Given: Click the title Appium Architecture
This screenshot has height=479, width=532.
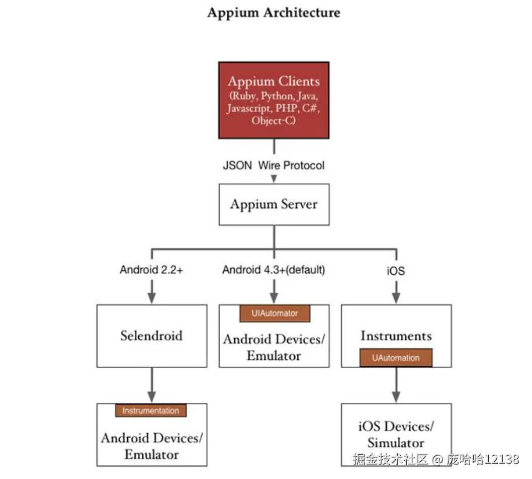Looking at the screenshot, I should tap(274, 13).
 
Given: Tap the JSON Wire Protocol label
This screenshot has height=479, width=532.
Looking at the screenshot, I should tap(274, 166).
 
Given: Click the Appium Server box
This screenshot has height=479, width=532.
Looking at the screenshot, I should tap(274, 204).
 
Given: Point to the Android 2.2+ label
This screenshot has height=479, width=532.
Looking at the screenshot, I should tap(151, 270).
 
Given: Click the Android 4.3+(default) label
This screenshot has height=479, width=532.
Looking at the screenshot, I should tap(274, 270).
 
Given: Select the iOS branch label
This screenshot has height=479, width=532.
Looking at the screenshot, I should tap(396, 271).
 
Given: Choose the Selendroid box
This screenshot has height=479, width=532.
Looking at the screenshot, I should tap(151, 336).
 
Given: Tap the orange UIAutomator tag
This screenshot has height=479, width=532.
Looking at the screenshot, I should tap(275, 313).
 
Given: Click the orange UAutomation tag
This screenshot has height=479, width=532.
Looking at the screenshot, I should tap(396, 358).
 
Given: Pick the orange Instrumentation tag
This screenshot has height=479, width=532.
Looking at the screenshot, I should tap(151, 411).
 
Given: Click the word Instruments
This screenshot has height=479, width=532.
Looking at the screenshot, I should tap(396, 336).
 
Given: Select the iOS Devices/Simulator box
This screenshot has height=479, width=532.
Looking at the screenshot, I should tap(396, 434).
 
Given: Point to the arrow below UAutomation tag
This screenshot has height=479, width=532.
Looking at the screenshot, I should tap(396, 385).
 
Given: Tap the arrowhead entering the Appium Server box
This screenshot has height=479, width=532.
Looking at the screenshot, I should tap(274, 179).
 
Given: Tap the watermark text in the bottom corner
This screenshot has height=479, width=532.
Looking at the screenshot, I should tap(435, 459).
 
